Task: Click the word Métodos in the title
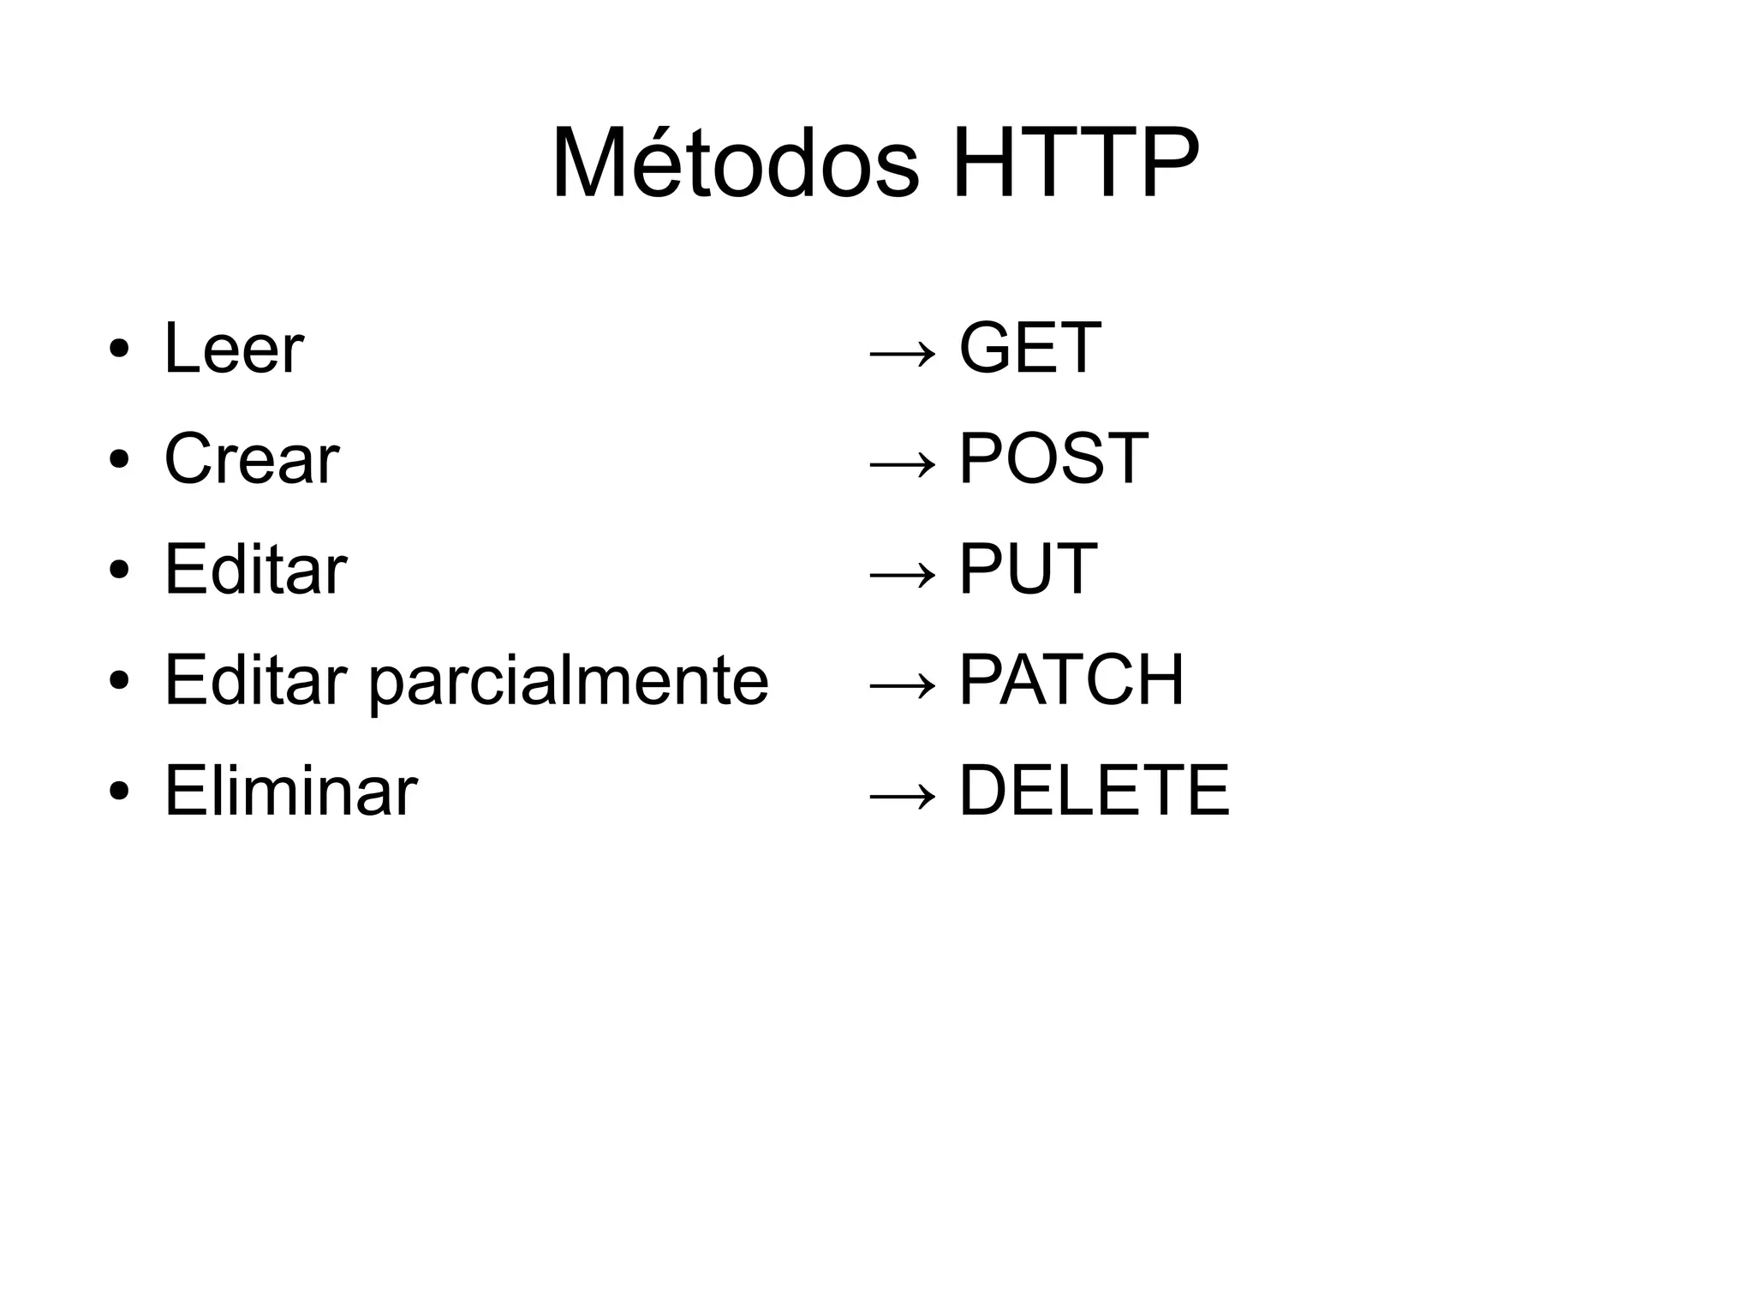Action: pos(735,163)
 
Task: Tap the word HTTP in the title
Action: pos(1075,163)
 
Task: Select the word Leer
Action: pos(234,348)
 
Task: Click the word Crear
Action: pos(252,458)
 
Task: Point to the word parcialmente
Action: pos(569,682)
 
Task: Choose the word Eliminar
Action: pos(290,791)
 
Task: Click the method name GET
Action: pos(1029,348)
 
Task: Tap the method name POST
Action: pos(1053,458)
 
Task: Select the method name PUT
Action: pos(1028,569)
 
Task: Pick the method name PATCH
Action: pos(1071,680)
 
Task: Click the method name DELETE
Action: pos(1094,791)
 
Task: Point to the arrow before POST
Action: pos(902,463)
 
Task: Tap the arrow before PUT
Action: pos(902,574)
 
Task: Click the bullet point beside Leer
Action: pos(119,350)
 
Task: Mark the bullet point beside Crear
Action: pos(119,460)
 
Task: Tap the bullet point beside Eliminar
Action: pos(119,792)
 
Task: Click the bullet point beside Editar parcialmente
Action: pos(119,682)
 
